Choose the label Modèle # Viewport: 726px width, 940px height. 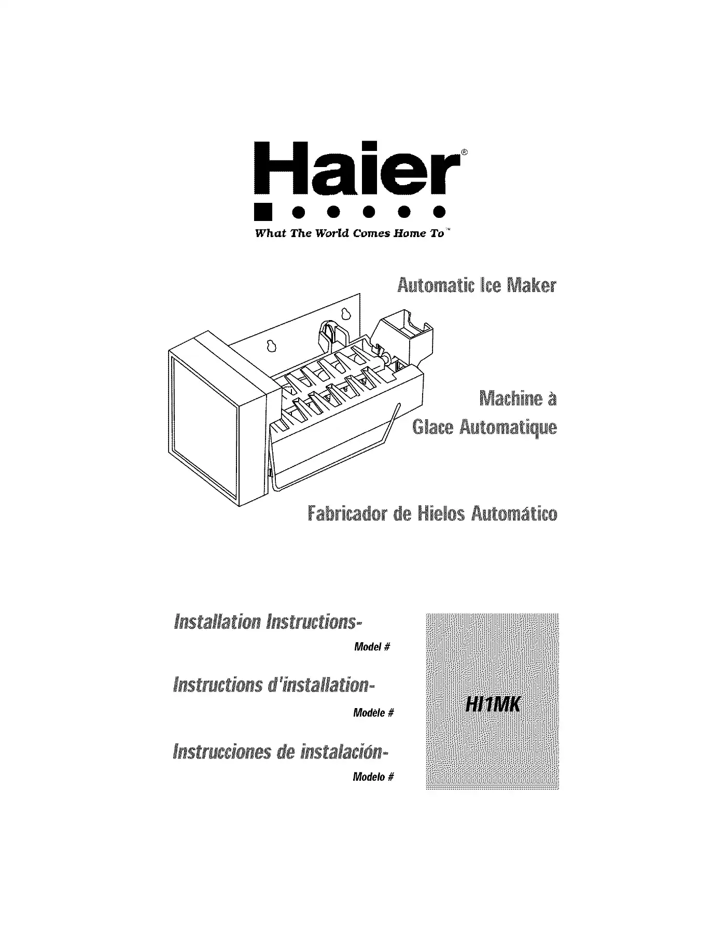[x=373, y=713]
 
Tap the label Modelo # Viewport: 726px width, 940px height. [x=373, y=777]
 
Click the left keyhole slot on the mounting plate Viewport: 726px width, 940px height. [x=270, y=345]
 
